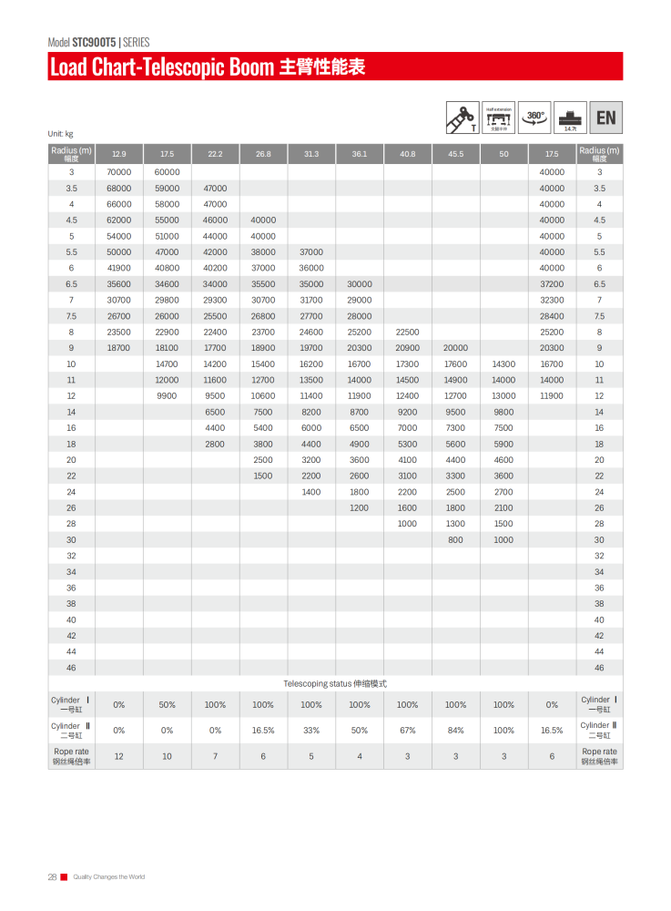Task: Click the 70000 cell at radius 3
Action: tap(119, 171)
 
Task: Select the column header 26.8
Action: tap(263, 154)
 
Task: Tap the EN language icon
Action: tap(605, 118)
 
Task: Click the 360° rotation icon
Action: tap(535, 118)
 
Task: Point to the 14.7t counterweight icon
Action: tap(571, 118)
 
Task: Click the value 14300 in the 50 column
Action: tap(503, 363)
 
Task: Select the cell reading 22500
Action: tap(407, 332)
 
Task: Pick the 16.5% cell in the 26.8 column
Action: tap(263, 730)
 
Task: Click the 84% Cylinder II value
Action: tap(455, 730)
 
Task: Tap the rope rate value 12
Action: tap(119, 756)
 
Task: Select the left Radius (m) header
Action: tap(71, 153)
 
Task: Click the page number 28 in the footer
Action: tap(52, 876)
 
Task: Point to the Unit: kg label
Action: tap(60, 134)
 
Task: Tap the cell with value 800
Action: tap(455, 539)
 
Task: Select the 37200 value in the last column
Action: tap(552, 283)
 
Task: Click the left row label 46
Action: tap(71, 668)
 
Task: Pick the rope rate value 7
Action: tap(215, 756)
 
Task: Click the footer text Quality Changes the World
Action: tap(108, 876)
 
